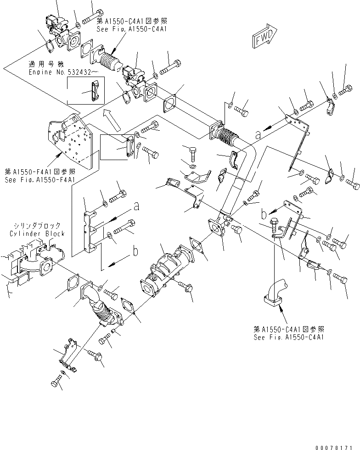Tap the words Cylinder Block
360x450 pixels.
click(37, 233)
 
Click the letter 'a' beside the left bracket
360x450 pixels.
click(136, 207)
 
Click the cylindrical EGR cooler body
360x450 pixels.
click(164, 272)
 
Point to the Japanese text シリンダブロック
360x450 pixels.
click(37, 226)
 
